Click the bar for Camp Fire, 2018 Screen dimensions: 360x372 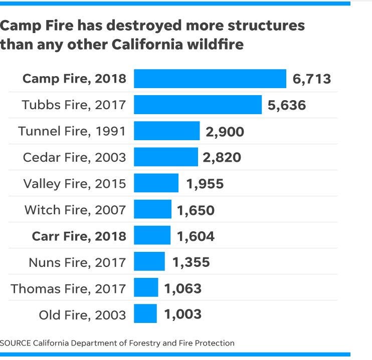210,79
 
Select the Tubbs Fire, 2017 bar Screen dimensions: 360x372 198,105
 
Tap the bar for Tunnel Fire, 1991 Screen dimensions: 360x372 166,131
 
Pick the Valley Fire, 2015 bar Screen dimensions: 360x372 156,183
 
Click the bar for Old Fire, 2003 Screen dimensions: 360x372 145,314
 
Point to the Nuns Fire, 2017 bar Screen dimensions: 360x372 149,262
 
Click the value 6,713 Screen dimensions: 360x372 312,79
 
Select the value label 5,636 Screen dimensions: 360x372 287,105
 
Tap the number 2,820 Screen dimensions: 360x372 222,157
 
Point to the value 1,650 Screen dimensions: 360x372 196,210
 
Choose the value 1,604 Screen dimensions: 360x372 196,236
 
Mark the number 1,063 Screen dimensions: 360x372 182,288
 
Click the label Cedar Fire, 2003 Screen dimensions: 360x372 74,157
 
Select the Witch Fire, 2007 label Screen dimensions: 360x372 75,210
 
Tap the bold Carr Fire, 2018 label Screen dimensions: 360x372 79,236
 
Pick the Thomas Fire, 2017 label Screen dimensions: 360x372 68,288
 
